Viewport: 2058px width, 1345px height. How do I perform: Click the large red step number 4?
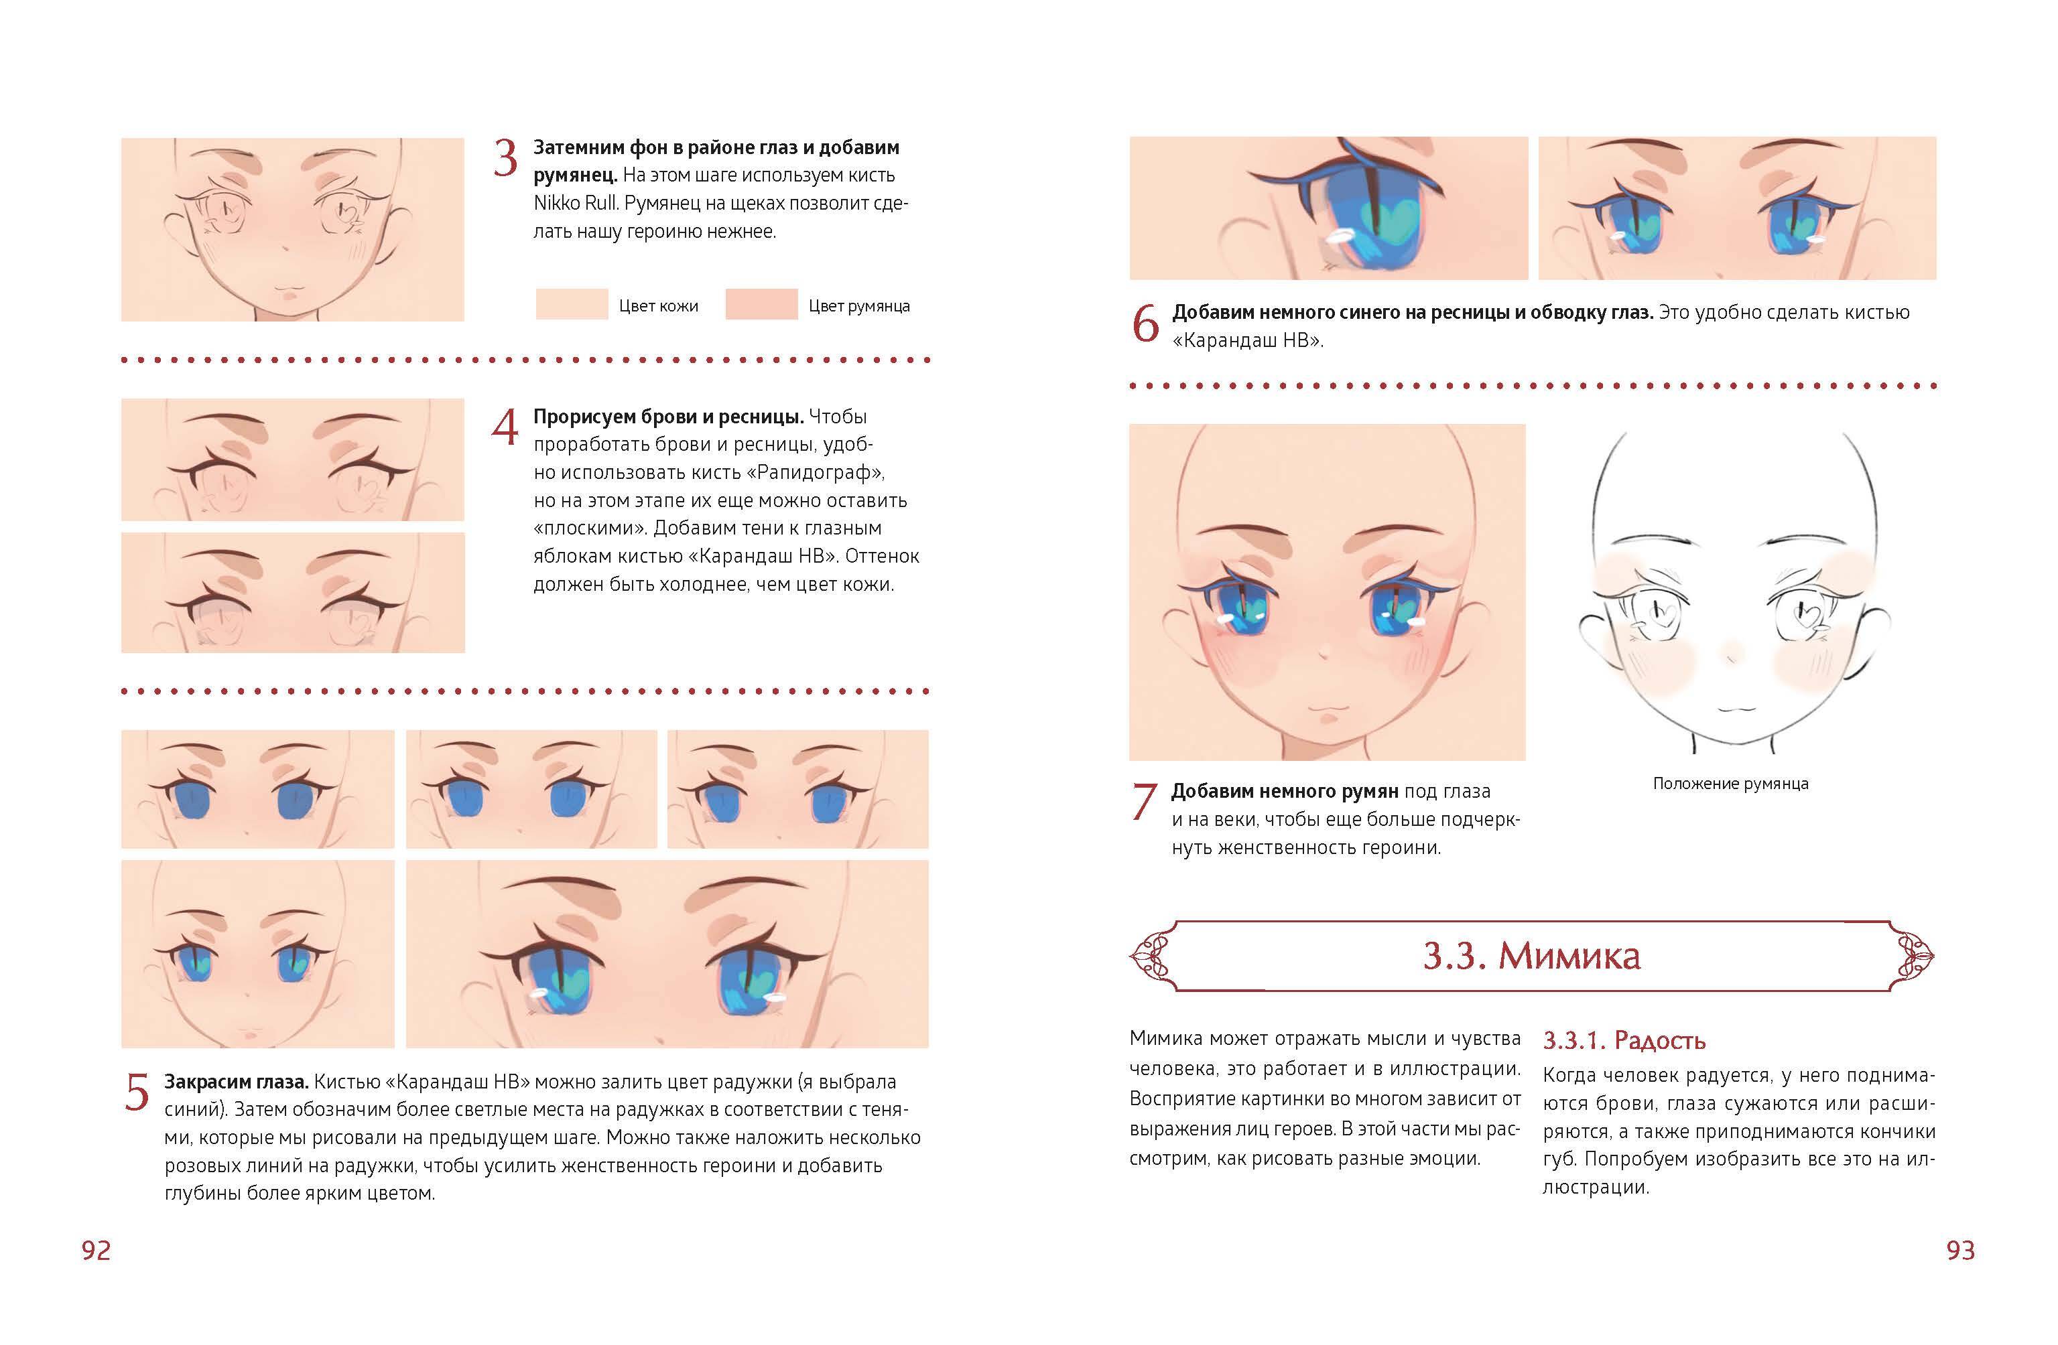click(505, 427)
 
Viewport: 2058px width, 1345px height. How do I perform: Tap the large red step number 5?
click(137, 1092)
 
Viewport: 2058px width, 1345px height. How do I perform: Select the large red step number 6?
click(1146, 324)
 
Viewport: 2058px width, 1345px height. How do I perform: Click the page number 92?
click(96, 1250)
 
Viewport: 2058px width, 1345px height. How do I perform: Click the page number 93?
click(1960, 1250)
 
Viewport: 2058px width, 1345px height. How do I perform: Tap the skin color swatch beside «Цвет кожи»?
click(572, 304)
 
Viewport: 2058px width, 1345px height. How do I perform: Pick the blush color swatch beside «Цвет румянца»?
click(761, 304)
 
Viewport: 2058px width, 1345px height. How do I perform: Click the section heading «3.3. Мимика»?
click(1531, 955)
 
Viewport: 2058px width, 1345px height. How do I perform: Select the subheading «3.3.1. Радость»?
click(1624, 1040)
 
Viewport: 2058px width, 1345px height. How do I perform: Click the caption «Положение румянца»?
click(1730, 783)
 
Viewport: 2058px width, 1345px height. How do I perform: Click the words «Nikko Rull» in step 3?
click(576, 203)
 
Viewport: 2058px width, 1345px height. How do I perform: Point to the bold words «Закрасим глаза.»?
click(236, 1081)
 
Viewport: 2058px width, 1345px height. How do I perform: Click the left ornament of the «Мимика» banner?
click(1155, 955)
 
